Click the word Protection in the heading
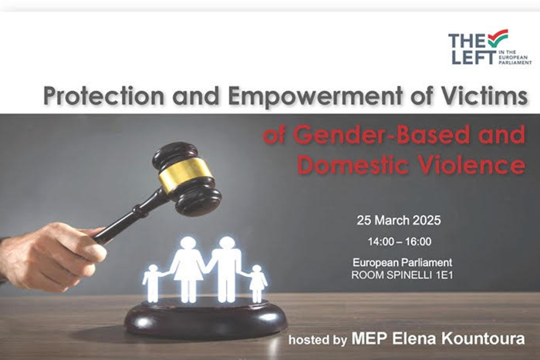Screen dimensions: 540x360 [x=103, y=96]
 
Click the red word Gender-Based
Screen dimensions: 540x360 [x=380, y=135]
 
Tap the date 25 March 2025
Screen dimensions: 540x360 [x=399, y=220]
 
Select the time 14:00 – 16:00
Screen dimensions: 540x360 [x=400, y=241]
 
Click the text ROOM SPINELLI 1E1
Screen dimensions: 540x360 [x=402, y=275]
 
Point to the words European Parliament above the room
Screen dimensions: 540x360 [x=402, y=263]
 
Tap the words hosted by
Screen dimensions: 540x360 [x=318, y=340]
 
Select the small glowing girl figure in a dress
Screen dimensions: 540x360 [x=257, y=283]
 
